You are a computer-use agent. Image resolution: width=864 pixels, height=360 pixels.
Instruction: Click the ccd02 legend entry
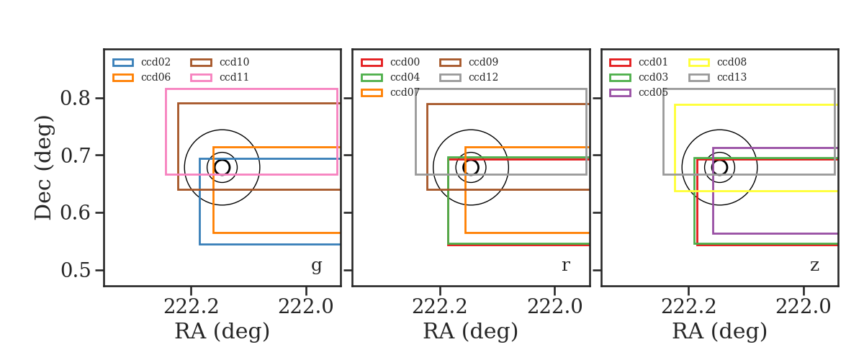click(x=142, y=62)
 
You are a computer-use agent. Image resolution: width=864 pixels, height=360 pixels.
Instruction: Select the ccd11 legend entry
click(x=220, y=78)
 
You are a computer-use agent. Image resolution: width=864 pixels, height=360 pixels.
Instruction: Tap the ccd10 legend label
click(x=234, y=62)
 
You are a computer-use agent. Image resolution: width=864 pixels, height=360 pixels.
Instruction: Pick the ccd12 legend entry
click(x=469, y=78)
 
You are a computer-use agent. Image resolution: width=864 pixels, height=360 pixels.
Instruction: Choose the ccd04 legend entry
click(x=390, y=78)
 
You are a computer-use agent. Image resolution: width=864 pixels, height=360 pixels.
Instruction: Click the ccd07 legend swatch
click(x=372, y=93)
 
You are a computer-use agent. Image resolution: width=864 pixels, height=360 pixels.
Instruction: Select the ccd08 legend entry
click(x=717, y=62)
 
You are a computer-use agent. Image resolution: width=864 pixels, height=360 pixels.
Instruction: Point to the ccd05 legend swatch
click(x=620, y=93)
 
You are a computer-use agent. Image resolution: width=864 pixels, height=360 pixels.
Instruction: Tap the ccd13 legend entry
click(x=717, y=78)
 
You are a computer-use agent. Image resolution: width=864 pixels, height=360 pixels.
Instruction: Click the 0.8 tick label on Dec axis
click(x=75, y=98)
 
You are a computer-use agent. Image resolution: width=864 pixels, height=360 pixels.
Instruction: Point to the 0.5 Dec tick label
click(x=75, y=270)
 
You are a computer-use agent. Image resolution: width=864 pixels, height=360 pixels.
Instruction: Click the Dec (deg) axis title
click(x=42, y=168)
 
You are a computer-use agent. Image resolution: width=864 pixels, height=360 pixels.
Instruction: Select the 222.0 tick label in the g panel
click(x=306, y=307)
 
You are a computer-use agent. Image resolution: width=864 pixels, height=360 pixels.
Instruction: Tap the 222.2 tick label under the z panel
click(x=688, y=307)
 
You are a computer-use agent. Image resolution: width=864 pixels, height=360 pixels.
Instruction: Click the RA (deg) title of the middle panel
click(x=471, y=332)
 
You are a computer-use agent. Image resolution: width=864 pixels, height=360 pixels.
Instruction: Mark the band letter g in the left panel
click(x=316, y=266)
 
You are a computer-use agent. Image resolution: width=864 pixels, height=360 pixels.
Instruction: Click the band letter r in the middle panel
click(x=565, y=266)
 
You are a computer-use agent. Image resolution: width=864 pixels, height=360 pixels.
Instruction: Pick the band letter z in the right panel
click(x=814, y=266)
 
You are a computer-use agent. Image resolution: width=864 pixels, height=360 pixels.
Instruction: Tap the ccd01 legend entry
click(x=639, y=62)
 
